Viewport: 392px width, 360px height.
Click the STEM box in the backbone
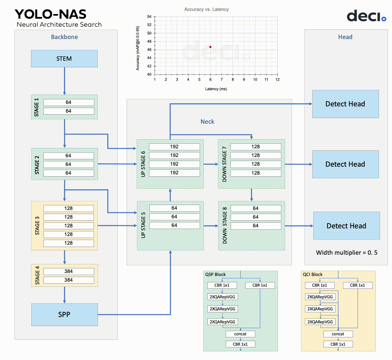click(x=64, y=59)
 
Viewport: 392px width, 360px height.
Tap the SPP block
click(x=64, y=314)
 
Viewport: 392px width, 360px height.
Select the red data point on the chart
click(x=210, y=47)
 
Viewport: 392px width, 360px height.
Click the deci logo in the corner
click(x=366, y=16)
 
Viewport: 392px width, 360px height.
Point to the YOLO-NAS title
click(x=51, y=14)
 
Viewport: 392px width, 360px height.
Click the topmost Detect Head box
click(x=345, y=104)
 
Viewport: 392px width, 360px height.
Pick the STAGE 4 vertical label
click(x=37, y=275)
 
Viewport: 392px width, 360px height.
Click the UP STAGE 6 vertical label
click(x=143, y=164)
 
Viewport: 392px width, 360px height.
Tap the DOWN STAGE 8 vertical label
click(x=225, y=226)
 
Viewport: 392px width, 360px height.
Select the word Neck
click(x=207, y=122)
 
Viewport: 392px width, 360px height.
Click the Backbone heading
click(x=64, y=37)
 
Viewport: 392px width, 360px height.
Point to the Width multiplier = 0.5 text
click(x=347, y=253)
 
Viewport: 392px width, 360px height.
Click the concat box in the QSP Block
click(x=240, y=334)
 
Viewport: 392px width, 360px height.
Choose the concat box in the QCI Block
click(x=338, y=334)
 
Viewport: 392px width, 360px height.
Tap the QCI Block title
click(x=313, y=275)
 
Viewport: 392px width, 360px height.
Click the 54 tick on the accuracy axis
click(x=149, y=17)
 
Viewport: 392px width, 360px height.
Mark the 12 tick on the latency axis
click(x=277, y=80)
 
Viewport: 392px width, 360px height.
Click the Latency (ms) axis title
click(x=216, y=89)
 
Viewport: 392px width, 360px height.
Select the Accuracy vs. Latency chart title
click(x=206, y=9)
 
